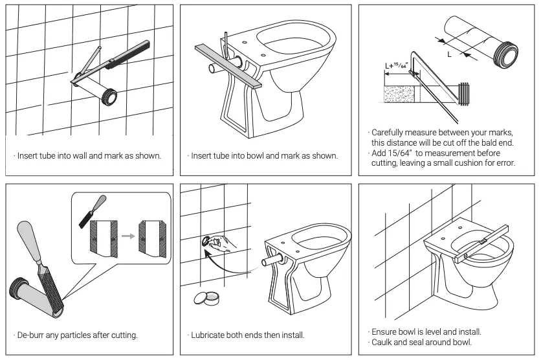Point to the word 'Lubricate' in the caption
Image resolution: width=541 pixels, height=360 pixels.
(x=212, y=335)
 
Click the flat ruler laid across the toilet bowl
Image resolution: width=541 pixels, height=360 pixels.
(x=230, y=67)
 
